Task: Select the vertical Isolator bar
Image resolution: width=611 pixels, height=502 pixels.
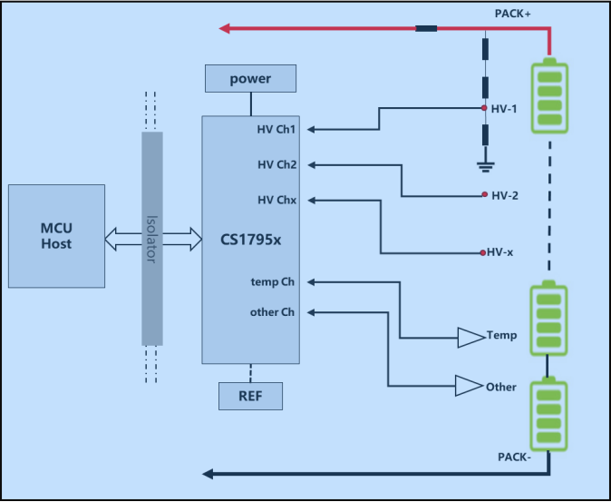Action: pos(152,239)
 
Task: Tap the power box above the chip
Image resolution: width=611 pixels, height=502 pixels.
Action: pos(250,79)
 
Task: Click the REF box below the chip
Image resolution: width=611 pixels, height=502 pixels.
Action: pos(250,396)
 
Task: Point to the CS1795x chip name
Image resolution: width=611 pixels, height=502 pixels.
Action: pos(250,241)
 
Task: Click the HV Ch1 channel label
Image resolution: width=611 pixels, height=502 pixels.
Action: pos(276,130)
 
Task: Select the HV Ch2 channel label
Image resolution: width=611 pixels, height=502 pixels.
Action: pos(276,164)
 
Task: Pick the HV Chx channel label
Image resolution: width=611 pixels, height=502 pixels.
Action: pos(276,199)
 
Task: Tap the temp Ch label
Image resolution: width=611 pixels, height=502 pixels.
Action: pos(273,281)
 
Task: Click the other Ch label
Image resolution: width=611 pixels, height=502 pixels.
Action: pos(272,312)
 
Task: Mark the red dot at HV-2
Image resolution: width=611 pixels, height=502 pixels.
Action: pos(486,195)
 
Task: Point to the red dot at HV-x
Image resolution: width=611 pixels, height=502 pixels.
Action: pos(482,252)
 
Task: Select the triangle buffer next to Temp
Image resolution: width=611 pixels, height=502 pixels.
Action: pos(470,338)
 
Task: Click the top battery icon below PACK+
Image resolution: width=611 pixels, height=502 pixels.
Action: pos(550,95)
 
